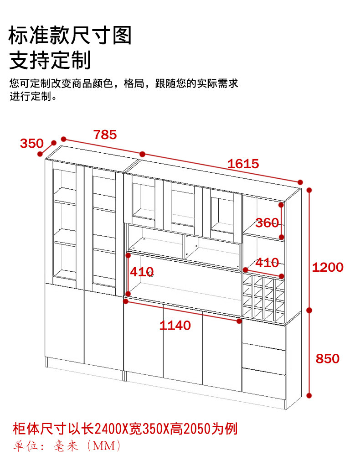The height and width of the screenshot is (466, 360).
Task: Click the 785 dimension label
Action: click(105, 135)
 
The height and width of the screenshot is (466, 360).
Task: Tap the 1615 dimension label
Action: click(243, 164)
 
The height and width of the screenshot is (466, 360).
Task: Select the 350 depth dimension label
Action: click(31, 144)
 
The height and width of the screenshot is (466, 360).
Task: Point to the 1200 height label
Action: click(328, 267)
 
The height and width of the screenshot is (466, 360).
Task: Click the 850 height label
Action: click(328, 359)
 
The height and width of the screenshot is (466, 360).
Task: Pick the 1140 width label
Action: click(175, 326)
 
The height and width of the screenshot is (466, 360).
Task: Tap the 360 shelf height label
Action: click(267, 223)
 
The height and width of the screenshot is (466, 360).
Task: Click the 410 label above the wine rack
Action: click(267, 263)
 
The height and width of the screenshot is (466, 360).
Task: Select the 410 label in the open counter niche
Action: click(142, 272)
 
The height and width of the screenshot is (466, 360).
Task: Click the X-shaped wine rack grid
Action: click(263, 296)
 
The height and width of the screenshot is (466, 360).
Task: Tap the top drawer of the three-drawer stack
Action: click(264, 335)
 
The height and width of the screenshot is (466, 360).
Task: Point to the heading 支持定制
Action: click(50, 60)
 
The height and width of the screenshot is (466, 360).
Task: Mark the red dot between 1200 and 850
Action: click(309, 310)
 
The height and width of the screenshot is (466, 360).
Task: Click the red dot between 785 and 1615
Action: click(143, 154)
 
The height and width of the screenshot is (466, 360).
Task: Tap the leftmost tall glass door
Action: click(64, 223)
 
